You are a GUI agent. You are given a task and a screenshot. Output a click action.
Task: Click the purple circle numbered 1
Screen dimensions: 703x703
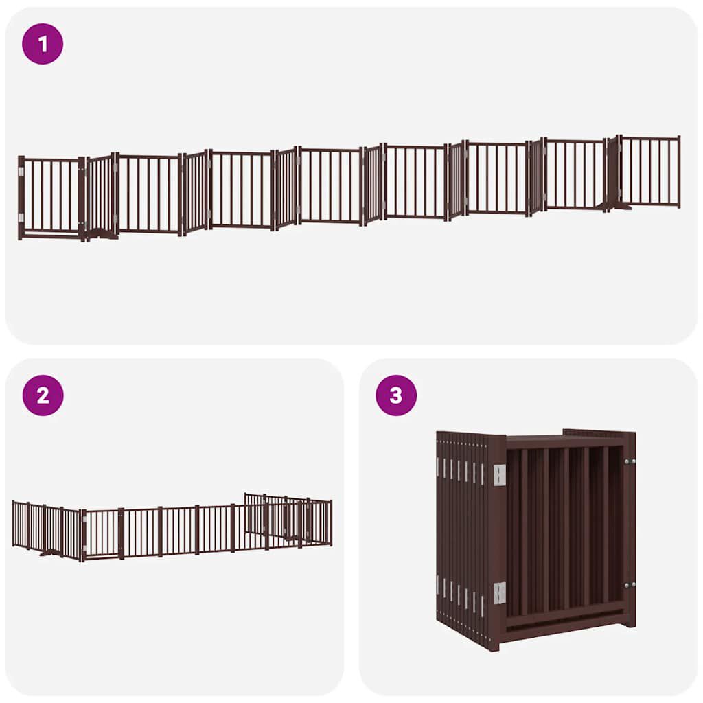click(x=43, y=44)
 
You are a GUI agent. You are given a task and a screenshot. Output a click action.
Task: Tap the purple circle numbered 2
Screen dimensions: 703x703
click(x=43, y=395)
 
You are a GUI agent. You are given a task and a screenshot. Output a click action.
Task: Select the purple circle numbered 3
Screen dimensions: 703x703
click(x=396, y=395)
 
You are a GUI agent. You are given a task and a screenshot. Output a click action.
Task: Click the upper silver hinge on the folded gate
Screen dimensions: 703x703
click(x=499, y=474)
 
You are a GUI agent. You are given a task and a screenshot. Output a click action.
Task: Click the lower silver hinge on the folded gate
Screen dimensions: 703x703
click(x=499, y=592)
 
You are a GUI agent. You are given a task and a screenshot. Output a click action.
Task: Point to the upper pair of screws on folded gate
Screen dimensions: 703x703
click(x=629, y=461)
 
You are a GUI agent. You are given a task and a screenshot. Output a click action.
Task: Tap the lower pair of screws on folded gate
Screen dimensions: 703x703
click(x=629, y=585)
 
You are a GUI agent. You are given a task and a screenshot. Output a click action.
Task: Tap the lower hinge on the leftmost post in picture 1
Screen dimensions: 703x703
click(x=21, y=218)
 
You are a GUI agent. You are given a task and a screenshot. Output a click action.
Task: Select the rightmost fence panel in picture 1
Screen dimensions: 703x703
click(x=649, y=171)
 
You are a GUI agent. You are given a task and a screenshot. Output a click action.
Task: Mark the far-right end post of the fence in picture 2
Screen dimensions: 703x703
click(x=330, y=522)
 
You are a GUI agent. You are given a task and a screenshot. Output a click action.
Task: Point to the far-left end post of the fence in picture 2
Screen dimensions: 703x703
click(x=14, y=523)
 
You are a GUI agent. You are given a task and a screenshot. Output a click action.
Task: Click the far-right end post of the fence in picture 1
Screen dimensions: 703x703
click(x=679, y=171)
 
